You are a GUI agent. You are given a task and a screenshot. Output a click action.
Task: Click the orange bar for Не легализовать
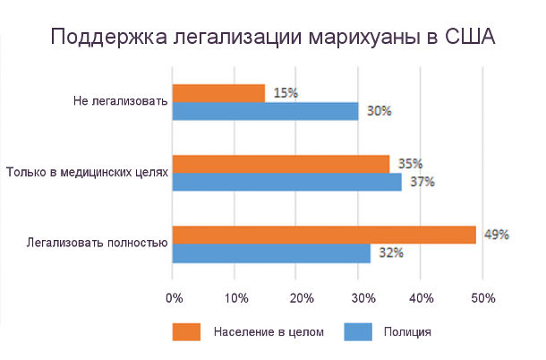(x=218, y=93)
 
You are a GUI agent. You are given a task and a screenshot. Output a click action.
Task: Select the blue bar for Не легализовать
(x=265, y=111)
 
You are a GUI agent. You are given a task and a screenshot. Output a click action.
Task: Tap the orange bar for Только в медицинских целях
(x=280, y=164)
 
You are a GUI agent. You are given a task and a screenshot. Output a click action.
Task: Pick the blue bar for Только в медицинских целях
(x=286, y=182)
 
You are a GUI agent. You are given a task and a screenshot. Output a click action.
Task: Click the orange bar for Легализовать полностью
(x=324, y=235)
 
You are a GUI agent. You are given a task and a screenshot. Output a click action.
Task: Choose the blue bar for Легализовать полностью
(x=271, y=253)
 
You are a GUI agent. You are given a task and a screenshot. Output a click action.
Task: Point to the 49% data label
(x=496, y=235)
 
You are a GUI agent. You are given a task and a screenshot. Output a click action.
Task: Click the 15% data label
(x=286, y=93)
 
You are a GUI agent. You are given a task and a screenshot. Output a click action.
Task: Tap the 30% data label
(x=379, y=111)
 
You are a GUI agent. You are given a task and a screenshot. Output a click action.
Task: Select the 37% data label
(x=422, y=182)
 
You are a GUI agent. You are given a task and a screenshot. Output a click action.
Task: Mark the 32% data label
(x=391, y=253)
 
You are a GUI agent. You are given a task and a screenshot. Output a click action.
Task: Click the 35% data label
(x=409, y=164)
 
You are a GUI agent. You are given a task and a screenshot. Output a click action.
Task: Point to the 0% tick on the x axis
(x=174, y=296)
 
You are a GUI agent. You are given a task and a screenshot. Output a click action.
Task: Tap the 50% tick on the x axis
(x=482, y=296)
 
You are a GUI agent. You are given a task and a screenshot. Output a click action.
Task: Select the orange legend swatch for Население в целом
(x=186, y=331)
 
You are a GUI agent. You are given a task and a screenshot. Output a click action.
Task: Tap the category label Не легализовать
(x=120, y=101)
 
